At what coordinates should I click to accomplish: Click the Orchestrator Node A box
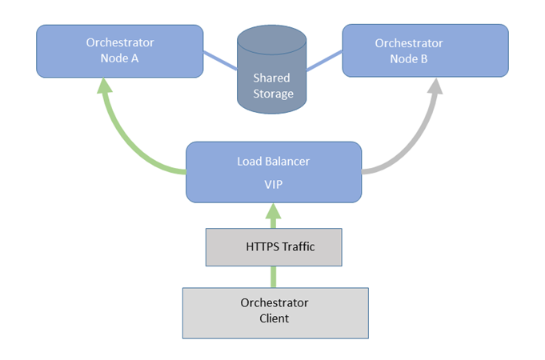coord(119,50)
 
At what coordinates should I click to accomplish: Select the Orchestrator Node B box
coord(425,50)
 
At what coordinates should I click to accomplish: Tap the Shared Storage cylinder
coord(273,72)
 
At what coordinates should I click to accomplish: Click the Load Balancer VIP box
coord(273,172)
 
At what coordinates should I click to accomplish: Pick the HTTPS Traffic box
coord(274,246)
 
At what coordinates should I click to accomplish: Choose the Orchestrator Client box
coord(275,310)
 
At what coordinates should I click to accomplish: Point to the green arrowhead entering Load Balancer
coord(274,213)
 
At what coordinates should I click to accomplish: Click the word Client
coord(275,318)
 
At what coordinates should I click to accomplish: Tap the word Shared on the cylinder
coord(272,78)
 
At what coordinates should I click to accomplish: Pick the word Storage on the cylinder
coord(272,93)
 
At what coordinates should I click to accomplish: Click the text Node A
coord(119,58)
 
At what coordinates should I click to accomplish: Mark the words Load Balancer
coord(273,161)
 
